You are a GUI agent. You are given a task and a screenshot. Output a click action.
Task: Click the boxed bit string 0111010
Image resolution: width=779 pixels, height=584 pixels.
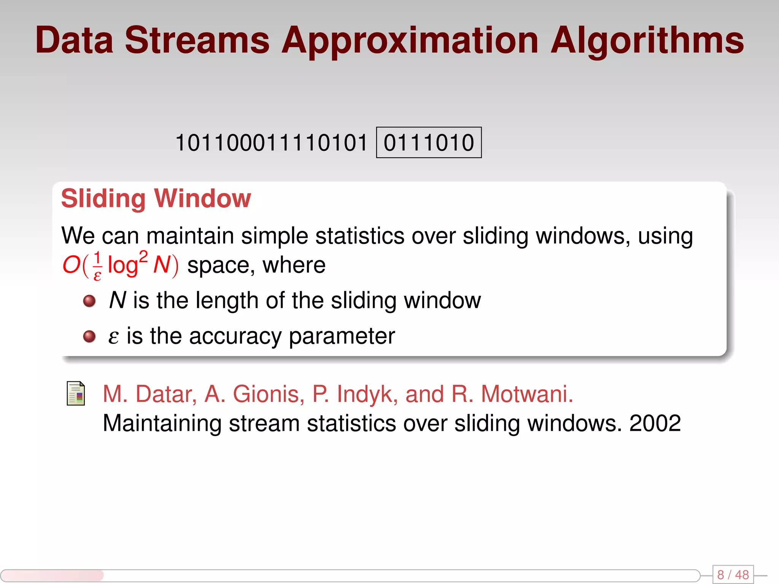[429, 143]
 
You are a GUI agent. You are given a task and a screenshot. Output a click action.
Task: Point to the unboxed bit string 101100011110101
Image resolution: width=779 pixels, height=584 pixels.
[271, 143]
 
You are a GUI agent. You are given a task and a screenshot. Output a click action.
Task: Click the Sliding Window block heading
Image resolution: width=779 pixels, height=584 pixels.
[156, 198]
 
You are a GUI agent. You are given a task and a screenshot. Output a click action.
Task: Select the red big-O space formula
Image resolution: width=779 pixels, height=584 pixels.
[120, 265]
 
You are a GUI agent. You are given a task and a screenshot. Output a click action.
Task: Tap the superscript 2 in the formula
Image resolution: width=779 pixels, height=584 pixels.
[143, 257]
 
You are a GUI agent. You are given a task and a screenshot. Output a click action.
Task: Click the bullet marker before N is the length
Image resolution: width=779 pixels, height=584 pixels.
[89, 301]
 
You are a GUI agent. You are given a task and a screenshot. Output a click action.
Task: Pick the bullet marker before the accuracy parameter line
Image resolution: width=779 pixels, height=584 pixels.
[89, 336]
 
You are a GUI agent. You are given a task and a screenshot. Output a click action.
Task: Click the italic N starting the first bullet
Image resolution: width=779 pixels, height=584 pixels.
[117, 300]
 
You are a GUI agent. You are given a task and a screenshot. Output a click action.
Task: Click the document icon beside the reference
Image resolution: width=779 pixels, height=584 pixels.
[76, 394]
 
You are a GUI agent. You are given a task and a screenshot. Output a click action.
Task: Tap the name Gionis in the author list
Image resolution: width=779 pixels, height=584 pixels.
[268, 394]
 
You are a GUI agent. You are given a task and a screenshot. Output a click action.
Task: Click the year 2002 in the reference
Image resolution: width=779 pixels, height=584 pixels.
[655, 423]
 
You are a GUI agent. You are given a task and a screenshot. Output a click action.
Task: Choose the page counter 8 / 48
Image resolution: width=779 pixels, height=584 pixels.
[733, 574]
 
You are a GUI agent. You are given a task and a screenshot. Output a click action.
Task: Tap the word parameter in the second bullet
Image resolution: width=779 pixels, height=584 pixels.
[342, 336]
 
